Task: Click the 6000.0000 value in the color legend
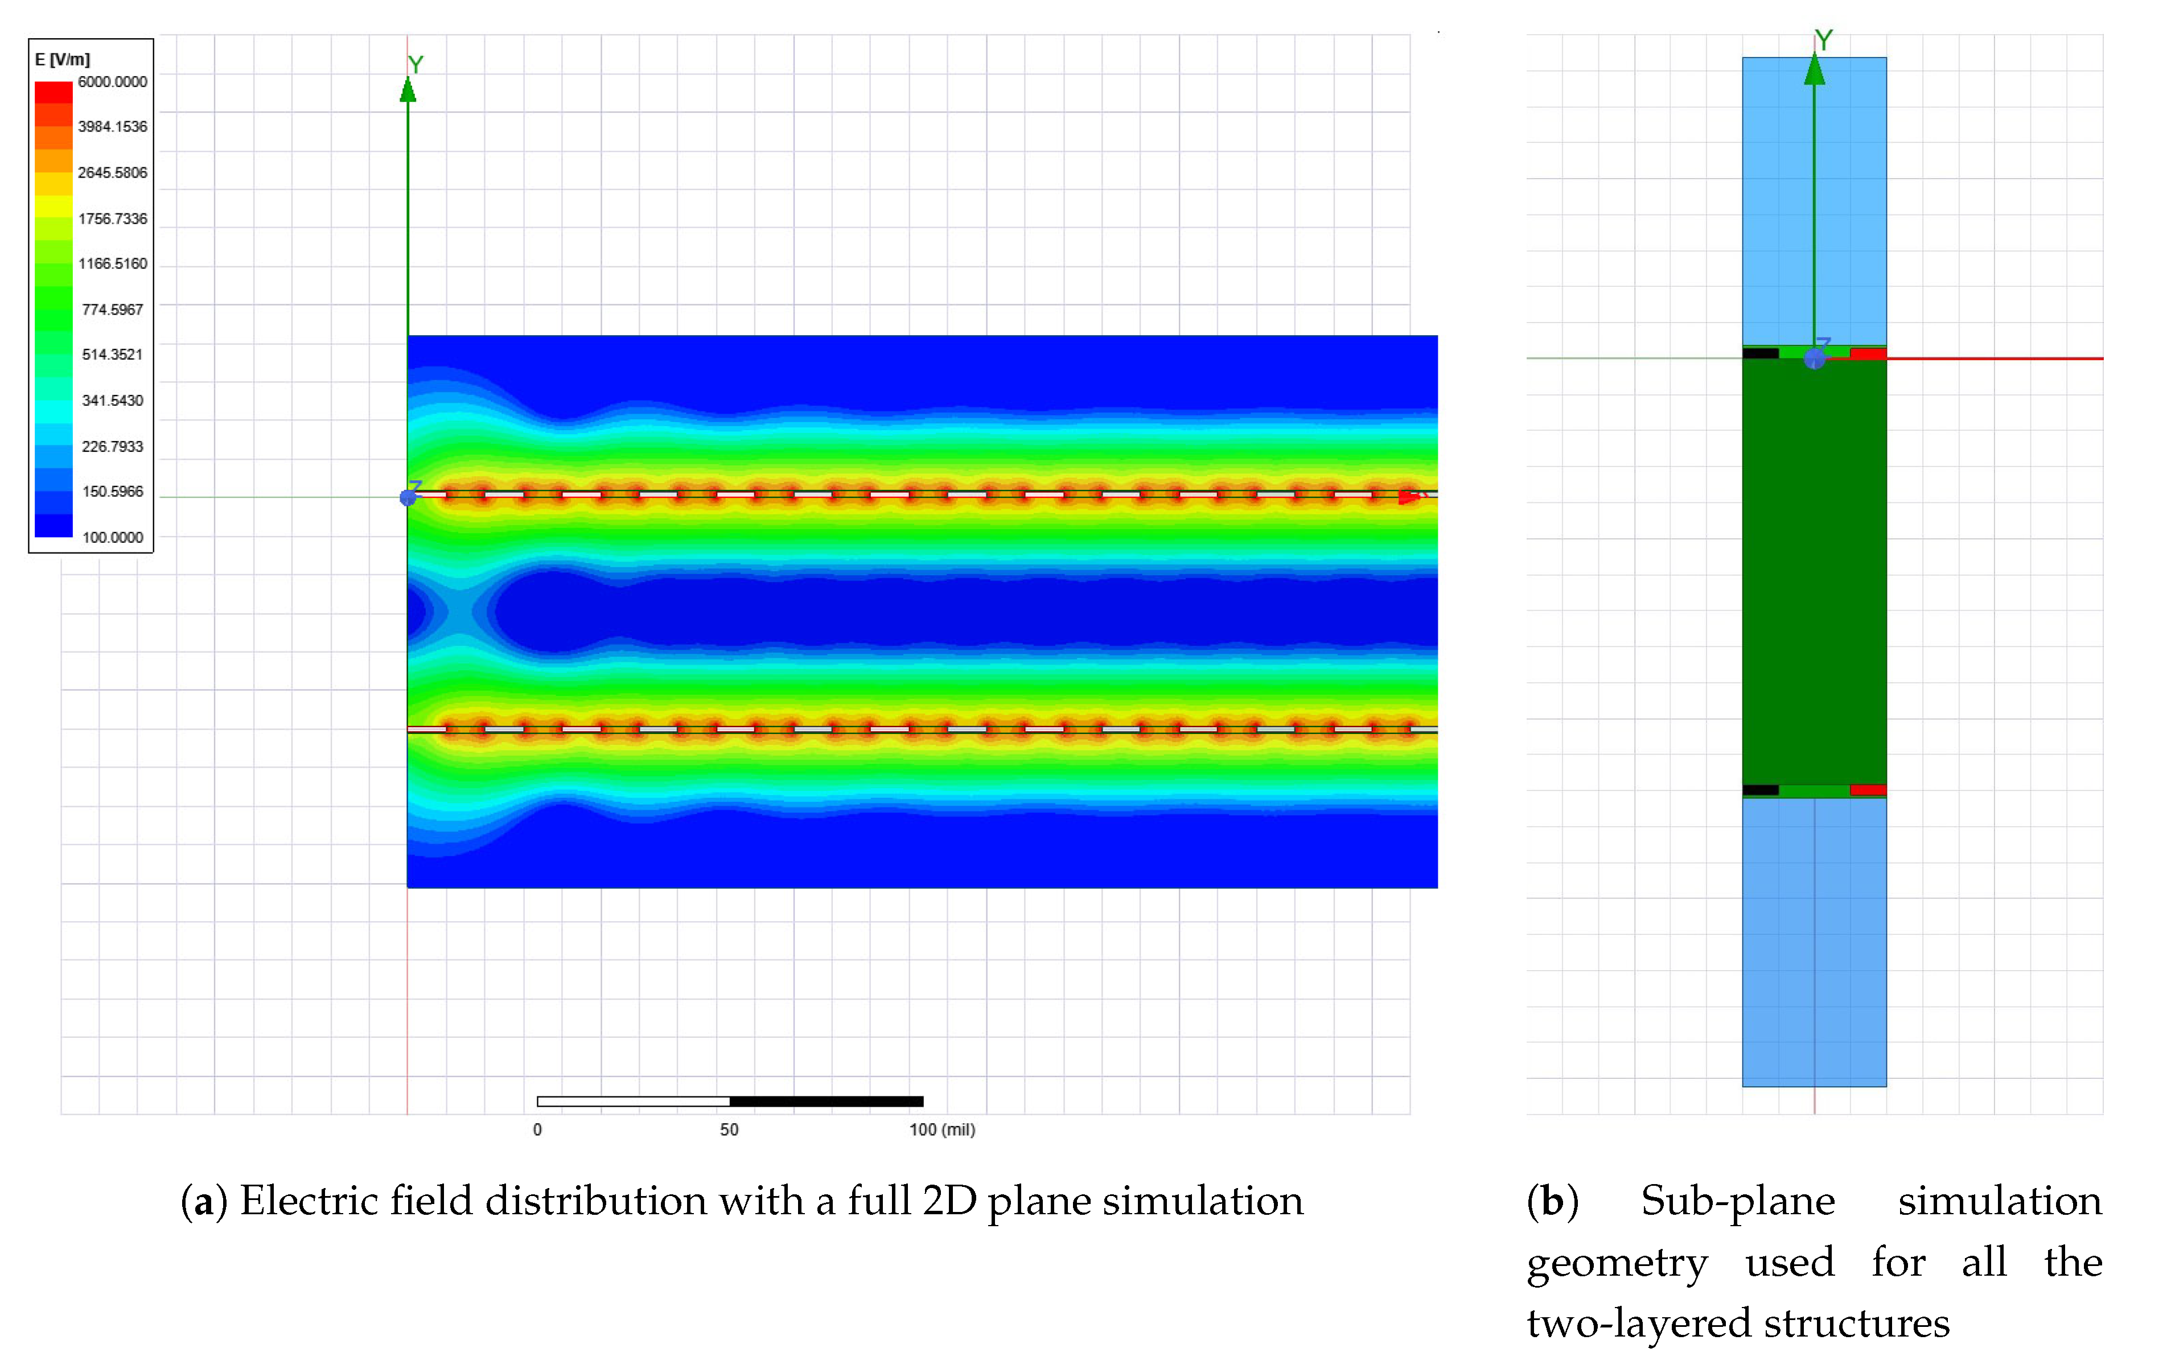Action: pos(112,82)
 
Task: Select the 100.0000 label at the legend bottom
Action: pos(112,537)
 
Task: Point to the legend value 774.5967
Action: pos(112,309)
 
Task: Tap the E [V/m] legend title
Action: pos(62,60)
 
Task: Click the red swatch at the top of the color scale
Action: pos(53,92)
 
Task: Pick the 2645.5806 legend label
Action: pos(112,172)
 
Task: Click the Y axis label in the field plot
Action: pos(415,65)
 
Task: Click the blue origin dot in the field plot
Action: pos(408,497)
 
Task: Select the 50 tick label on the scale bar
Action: pos(729,1129)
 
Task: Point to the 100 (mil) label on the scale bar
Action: pos(941,1129)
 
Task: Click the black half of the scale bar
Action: pos(826,1102)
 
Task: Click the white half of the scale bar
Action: pos(633,1102)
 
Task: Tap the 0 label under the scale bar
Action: pos(537,1129)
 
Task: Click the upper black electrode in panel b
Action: pos(1760,353)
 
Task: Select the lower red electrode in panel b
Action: pos(1867,790)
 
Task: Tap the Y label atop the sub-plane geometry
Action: pos(1823,40)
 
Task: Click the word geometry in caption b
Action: pos(1617,1262)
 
